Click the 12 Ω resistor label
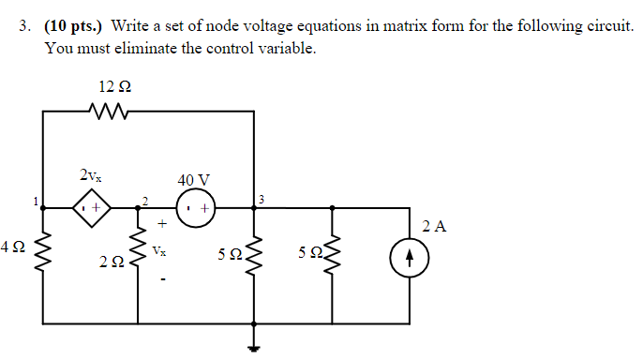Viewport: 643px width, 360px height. coord(113,86)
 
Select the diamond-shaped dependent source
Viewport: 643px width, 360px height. coord(92,206)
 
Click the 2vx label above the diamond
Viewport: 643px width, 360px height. coord(91,175)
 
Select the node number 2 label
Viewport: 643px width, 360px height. coord(144,200)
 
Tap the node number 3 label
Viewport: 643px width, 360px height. coord(262,200)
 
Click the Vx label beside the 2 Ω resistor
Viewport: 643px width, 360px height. coord(161,252)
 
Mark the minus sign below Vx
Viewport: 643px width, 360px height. coord(162,276)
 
